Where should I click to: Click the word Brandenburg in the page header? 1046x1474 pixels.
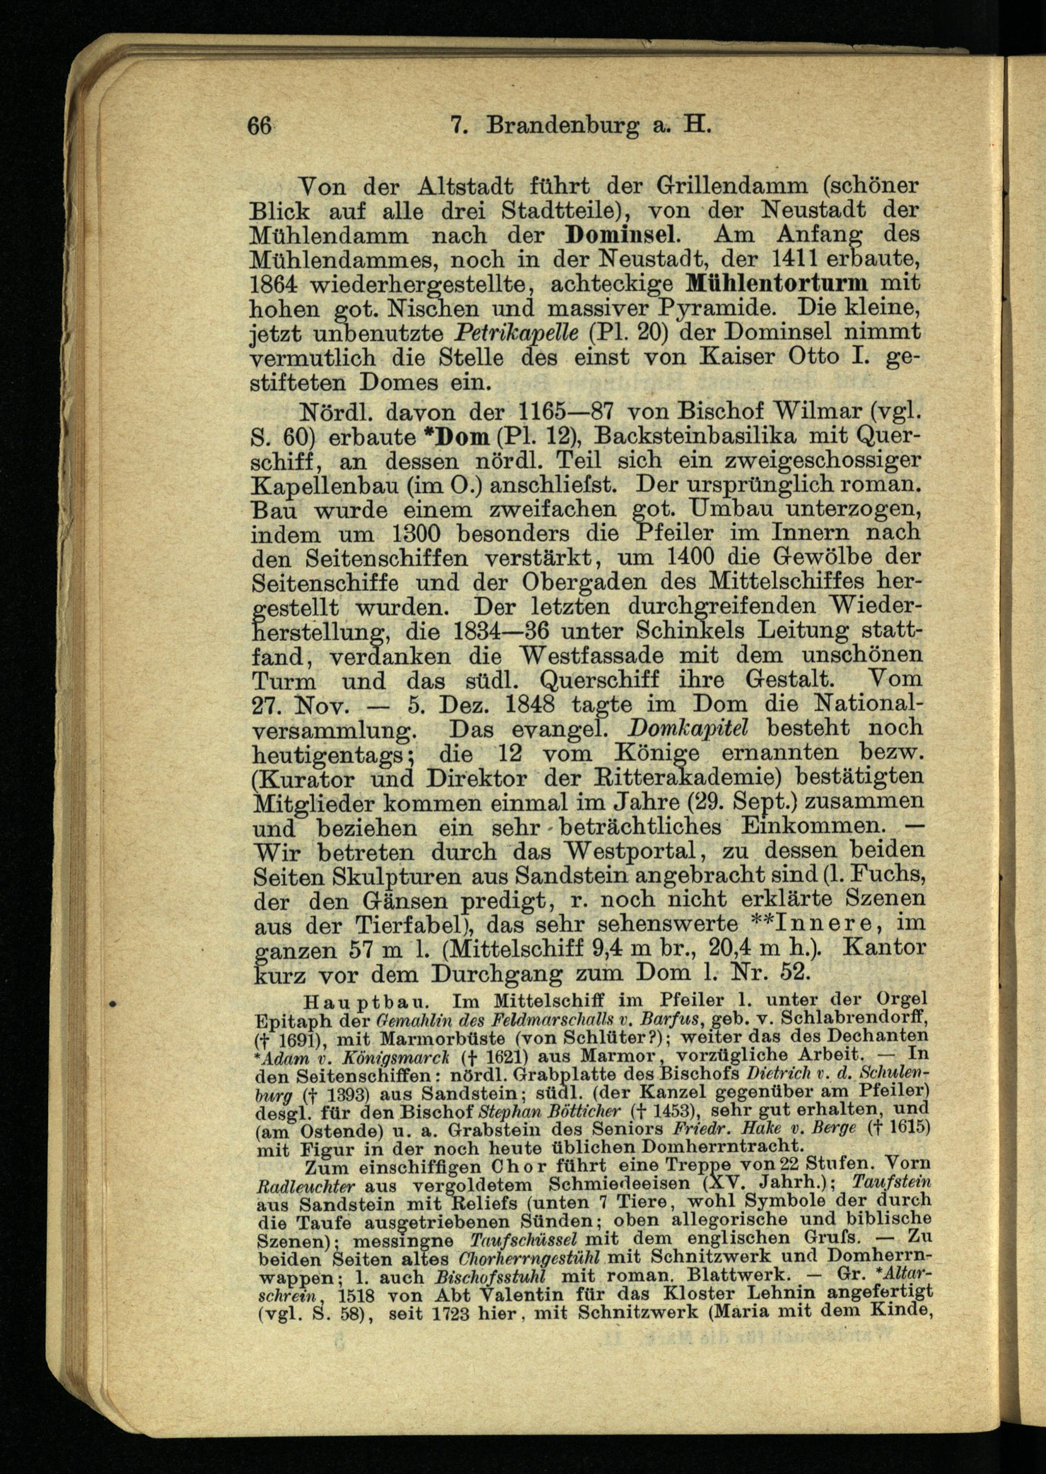[563, 124]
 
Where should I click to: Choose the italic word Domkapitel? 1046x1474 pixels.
[687, 728]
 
